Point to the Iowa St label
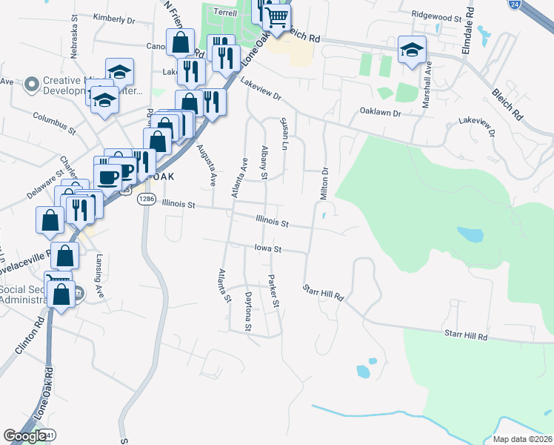click(269, 248)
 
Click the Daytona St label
click(249, 312)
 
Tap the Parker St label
click(273, 291)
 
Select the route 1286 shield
click(147, 199)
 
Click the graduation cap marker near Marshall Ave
click(413, 50)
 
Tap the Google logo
click(24, 436)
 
